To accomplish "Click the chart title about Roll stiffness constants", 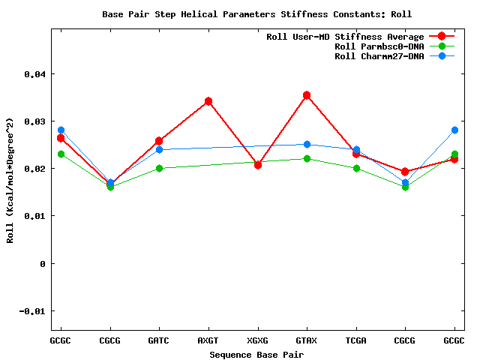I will (x=256, y=14).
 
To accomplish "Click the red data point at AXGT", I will (x=208, y=101).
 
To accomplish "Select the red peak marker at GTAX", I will (x=307, y=95).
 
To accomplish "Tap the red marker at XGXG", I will (x=258, y=165).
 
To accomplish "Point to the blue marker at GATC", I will (x=159, y=149).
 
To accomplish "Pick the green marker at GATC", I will (x=159, y=168).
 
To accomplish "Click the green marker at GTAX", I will (x=307, y=158).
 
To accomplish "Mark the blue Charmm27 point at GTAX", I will (x=307, y=144).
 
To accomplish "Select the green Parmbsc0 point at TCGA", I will (x=356, y=168).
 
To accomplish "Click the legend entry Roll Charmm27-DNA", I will (x=379, y=56).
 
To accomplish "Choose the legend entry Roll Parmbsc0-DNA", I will (x=379, y=46).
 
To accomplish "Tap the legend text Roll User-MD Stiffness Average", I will (x=345, y=37).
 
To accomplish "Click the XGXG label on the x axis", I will (x=258, y=340).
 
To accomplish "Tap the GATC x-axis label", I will (x=159, y=340).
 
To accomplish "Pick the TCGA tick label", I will (x=356, y=340).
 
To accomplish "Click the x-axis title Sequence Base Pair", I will (x=256, y=354).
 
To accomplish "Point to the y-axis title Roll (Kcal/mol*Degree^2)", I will (x=10, y=180).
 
